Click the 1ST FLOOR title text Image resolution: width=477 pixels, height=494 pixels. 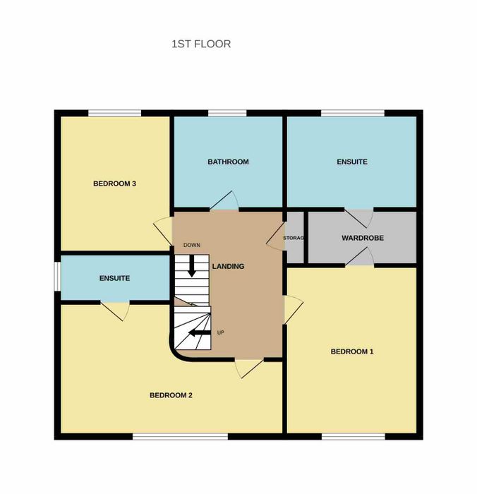coord(201,44)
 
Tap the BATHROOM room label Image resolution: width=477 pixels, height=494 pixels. coord(228,162)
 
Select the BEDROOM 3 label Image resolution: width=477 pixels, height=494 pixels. coord(114,183)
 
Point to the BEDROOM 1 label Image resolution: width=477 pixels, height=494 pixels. coord(352,351)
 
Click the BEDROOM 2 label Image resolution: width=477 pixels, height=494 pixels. coord(171,395)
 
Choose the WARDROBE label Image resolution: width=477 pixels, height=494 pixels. coord(363,238)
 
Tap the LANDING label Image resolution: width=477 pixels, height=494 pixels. coord(228,266)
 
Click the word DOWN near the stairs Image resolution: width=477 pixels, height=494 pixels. coord(191,245)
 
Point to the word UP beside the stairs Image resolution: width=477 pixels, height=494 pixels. coord(221,332)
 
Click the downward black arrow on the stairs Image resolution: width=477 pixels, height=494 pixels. coord(191,266)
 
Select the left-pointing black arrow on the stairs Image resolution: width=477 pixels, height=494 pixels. coord(200,332)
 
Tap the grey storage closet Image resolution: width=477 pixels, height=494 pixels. coord(294,237)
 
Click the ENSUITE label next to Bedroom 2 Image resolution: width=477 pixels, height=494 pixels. coord(114,278)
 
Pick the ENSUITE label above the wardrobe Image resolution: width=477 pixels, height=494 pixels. coord(352,162)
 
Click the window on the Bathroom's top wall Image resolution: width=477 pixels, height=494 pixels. coord(227,113)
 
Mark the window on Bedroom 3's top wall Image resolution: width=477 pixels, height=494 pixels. coord(114,113)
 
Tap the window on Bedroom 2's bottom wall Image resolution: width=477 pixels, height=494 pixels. coord(180,436)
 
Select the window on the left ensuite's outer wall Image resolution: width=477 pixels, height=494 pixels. coord(57,277)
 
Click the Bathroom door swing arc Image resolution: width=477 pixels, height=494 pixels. coord(236,200)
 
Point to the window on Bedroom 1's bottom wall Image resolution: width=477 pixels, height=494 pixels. coord(354,436)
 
